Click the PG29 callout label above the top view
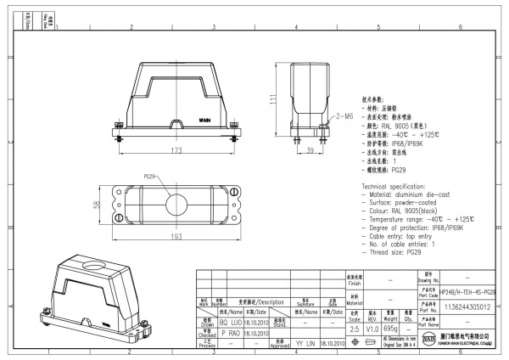(148, 177)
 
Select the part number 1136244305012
(467, 307)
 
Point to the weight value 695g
(390, 327)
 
